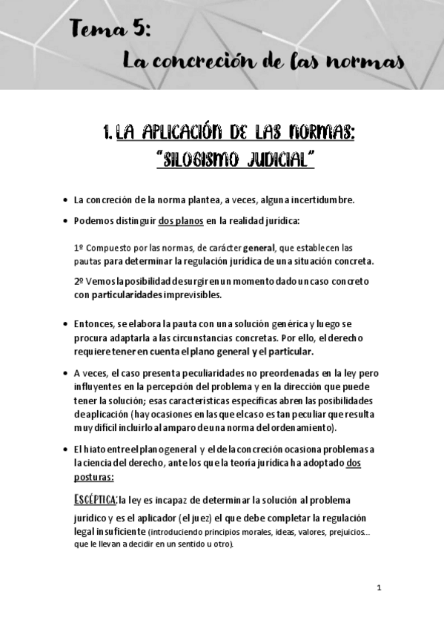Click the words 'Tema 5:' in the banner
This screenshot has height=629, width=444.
tap(111, 30)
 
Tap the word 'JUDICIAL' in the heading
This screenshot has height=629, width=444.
tap(279, 159)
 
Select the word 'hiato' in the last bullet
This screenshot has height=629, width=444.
tap(97, 449)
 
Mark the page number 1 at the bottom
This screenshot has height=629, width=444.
tap(379, 587)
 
